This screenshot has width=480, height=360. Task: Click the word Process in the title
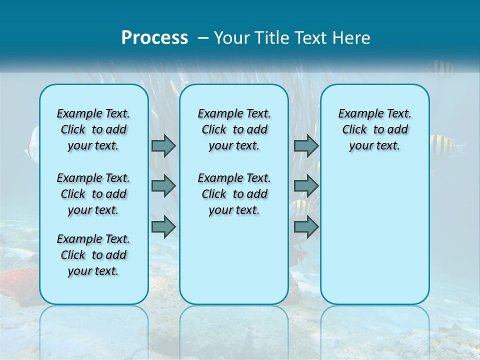(154, 37)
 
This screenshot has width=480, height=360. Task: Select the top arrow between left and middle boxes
(163, 145)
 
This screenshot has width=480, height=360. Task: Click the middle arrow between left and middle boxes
(163, 186)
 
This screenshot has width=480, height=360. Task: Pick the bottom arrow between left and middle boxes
(163, 226)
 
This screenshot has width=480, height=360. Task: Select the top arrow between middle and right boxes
(306, 145)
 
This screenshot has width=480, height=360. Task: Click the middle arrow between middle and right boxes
(306, 186)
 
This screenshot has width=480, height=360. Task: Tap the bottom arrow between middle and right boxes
(306, 226)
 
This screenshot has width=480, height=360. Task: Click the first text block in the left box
(93, 129)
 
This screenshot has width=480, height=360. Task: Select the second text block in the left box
(93, 194)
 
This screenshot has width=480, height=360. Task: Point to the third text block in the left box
(93, 255)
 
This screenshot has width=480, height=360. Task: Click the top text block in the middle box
(234, 129)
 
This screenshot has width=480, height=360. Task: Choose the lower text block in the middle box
(234, 194)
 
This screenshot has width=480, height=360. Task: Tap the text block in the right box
(374, 129)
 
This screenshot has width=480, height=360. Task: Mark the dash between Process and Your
(203, 38)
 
